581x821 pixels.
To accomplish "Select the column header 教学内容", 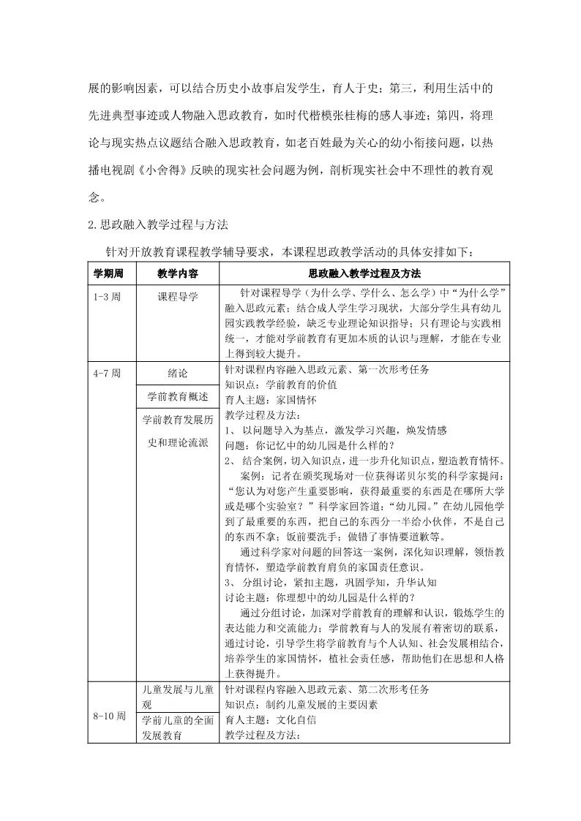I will point(177,273).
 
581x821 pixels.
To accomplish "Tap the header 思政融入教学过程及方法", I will point(364,273).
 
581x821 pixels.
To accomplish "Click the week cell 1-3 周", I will point(108,298).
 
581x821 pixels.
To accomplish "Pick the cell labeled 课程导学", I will point(177,298).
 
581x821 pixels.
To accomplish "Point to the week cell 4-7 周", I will point(108,373).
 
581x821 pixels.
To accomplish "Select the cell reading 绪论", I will point(177,373).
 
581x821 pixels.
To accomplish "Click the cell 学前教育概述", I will point(177,396).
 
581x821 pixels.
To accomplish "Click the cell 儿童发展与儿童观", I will point(177,697).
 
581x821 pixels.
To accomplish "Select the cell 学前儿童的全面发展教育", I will point(177,728).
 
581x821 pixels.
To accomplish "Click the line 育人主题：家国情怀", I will point(271,400).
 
